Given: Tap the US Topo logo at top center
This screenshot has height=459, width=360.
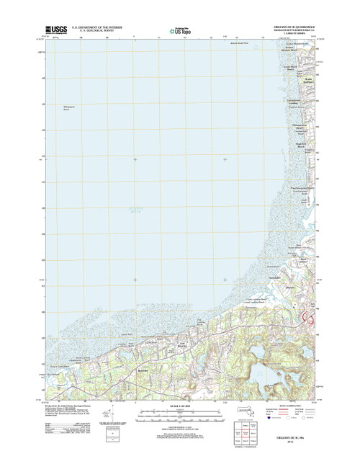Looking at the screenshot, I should pos(179,30).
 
